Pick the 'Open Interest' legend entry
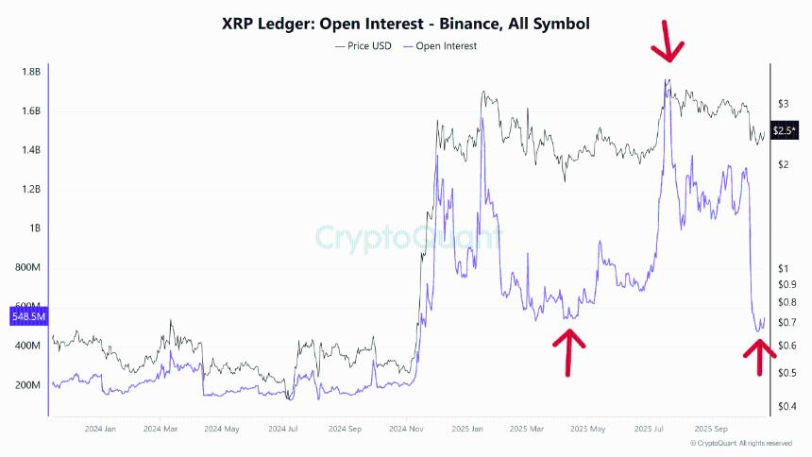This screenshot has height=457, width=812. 440,45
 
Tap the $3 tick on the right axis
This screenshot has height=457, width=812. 782,103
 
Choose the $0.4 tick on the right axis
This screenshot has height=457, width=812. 786,407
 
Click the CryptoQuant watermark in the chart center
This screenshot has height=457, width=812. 407,236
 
